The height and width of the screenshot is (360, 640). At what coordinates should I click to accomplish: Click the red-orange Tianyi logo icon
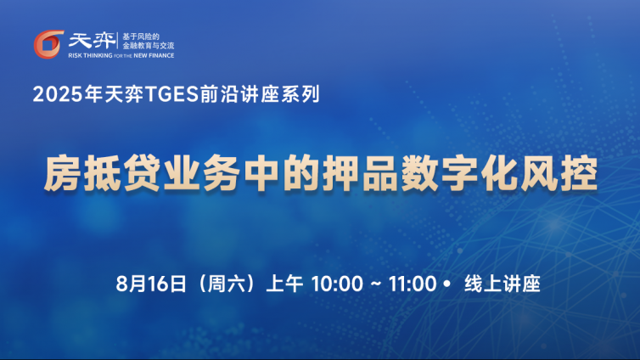coord(48,44)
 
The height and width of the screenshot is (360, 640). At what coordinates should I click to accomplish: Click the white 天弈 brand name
coord(93,41)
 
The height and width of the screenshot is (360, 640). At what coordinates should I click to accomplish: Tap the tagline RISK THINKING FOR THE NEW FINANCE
coord(121,55)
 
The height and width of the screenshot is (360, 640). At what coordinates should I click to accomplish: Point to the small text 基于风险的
coord(141,37)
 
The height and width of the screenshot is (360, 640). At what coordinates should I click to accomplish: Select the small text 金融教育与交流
coord(149,45)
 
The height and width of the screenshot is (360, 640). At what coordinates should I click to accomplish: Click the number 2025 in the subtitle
coord(58,94)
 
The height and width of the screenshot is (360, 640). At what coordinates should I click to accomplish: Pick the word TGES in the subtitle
coord(171,94)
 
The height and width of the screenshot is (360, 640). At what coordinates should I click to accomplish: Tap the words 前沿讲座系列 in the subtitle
coord(259,94)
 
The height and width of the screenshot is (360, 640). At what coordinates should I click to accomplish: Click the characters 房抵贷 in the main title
coord(102,173)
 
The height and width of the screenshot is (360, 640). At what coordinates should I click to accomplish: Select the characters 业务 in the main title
coord(202,173)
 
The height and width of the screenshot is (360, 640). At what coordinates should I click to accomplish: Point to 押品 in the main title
coord(360,173)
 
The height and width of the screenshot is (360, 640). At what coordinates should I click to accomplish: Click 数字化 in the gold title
coord(459,173)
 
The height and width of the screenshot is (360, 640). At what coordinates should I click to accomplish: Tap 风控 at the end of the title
coord(559,173)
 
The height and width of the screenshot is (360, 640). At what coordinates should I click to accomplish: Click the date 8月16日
coord(151,284)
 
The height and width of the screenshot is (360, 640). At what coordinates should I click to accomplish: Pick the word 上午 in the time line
coord(284,284)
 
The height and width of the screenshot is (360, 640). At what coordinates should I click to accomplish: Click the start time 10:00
coord(337,284)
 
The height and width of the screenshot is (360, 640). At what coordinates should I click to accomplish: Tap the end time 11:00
coord(413,284)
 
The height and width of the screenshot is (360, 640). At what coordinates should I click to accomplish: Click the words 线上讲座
coord(502,284)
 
